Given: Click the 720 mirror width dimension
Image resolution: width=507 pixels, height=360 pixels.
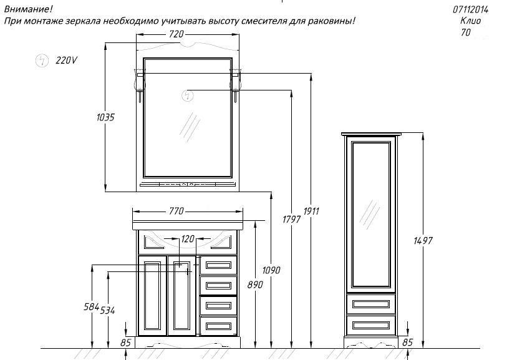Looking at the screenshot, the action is pos(176,34).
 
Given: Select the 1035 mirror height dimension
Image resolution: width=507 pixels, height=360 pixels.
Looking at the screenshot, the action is pos(105,117).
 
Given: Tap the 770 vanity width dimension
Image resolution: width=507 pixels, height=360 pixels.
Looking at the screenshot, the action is pos(176,211).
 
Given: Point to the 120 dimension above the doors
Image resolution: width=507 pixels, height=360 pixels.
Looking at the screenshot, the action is pos(188,239).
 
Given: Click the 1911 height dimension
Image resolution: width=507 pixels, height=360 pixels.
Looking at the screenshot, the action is pos(311,211).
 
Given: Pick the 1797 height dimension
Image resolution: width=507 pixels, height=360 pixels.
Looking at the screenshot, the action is pos(291,219).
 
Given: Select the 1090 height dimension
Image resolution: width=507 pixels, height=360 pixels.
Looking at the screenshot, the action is pos(271,270).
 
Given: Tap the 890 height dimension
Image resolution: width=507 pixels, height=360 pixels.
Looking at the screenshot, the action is pos(255,285).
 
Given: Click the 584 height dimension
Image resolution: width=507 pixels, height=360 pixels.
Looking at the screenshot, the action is pos(91,306).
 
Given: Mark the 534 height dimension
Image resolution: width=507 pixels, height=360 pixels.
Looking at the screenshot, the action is pos(107,310).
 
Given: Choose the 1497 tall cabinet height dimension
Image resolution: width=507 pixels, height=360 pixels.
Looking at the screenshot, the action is pos(423,241).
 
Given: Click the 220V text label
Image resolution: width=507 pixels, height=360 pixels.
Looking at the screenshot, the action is pos(66,60).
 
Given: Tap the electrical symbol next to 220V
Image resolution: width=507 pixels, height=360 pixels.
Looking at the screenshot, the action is pos(42,61).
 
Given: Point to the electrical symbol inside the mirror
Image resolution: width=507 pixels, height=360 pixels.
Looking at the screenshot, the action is pos(187,95).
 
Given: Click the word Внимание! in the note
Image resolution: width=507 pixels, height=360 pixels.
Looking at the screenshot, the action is pos(28,9).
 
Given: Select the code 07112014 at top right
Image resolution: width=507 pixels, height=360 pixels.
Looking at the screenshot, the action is pos(470,10).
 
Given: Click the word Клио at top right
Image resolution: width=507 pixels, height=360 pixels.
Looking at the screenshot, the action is pos(470,21).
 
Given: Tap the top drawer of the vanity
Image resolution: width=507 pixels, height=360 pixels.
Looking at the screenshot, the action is pos(218,266).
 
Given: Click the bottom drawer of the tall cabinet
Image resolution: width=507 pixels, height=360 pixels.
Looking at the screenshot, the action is pos(371,325).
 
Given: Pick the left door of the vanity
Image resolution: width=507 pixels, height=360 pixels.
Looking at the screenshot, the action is pos(152,296).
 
